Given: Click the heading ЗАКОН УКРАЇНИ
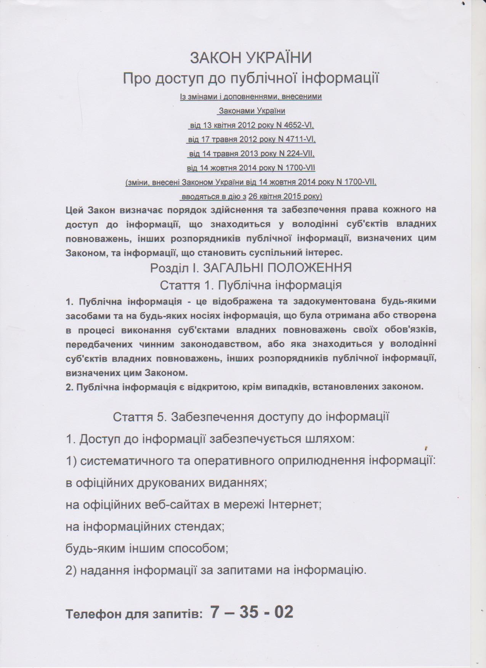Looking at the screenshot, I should coord(251,58).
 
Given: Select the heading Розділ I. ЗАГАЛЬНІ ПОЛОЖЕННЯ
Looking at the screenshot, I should coord(251,268).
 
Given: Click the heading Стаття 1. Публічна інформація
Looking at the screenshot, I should coord(251,285).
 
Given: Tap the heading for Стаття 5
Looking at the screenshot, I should coord(251,417).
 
